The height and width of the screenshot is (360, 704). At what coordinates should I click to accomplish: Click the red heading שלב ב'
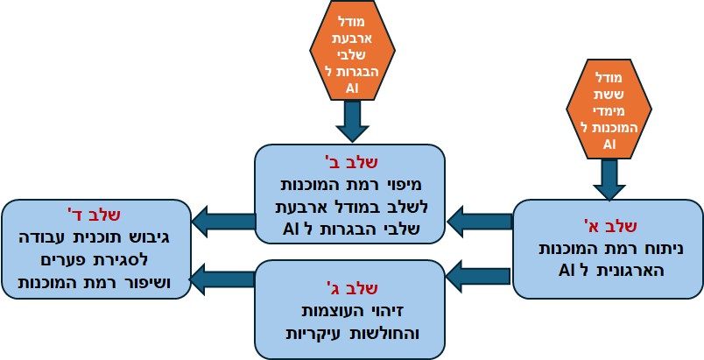[x=350, y=162]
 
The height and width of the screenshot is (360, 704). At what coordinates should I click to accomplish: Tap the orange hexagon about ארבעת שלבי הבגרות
[x=352, y=51]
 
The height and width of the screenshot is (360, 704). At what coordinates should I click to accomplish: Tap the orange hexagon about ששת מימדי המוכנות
[x=609, y=109]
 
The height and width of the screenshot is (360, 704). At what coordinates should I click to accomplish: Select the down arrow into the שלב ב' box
[x=352, y=121]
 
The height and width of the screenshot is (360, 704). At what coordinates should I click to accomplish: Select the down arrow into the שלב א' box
[x=609, y=180]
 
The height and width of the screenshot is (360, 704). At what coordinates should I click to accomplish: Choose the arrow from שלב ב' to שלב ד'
[x=222, y=222]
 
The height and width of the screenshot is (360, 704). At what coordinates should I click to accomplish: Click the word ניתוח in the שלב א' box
[x=662, y=248]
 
